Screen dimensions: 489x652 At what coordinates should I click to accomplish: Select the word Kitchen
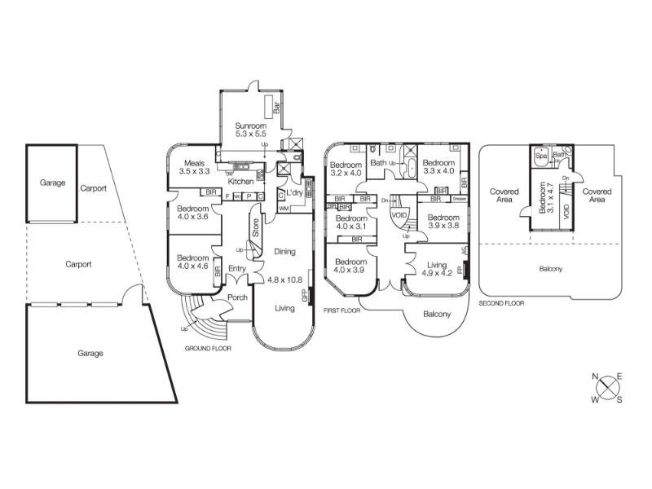click(x=241, y=182)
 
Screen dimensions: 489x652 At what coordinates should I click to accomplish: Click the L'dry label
click(x=294, y=192)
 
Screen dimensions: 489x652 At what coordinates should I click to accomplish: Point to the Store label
click(x=255, y=227)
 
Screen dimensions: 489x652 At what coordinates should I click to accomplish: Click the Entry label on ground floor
click(x=237, y=269)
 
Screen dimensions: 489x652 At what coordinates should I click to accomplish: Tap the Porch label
click(x=237, y=297)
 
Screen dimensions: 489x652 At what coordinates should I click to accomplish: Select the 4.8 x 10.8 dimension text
click(x=284, y=279)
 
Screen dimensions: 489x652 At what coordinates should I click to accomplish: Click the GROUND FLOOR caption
click(x=209, y=348)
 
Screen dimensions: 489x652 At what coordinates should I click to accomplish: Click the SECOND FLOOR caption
click(x=501, y=302)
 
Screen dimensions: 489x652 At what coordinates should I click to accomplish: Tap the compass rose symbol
click(x=607, y=387)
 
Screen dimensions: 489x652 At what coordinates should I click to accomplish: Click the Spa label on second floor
click(x=540, y=154)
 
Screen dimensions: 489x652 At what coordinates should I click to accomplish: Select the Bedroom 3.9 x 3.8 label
click(x=443, y=222)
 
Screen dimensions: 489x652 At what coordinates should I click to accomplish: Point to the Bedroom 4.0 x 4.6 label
click(x=193, y=262)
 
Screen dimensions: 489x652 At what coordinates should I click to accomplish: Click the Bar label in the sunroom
click(x=277, y=107)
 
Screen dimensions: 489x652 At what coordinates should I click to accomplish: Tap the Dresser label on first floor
click(x=459, y=199)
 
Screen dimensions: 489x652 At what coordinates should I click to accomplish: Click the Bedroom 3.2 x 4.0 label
click(x=346, y=167)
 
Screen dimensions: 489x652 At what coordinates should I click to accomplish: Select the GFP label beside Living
click(x=305, y=295)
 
